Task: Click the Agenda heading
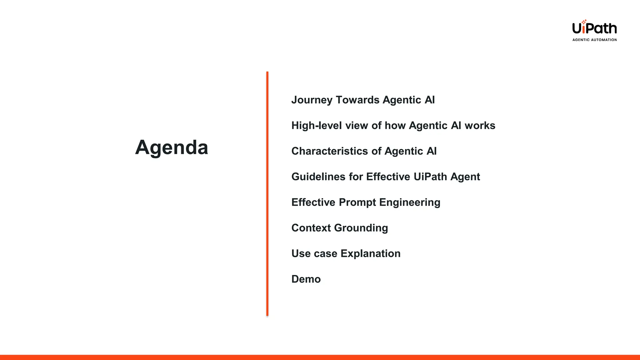[x=172, y=147]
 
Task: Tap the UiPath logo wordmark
[x=594, y=28]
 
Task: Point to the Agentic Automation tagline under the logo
[x=594, y=40]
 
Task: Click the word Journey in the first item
[x=312, y=100]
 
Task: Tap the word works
[x=480, y=126]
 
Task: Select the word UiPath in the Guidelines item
[x=430, y=177]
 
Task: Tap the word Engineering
[x=410, y=202]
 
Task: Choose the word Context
[x=311, y=228]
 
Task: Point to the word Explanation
[x=370, y=254]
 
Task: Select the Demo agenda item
[x=306, y=279]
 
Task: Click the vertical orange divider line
[x=267, y=194]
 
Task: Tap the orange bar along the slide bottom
[x=320, y=357]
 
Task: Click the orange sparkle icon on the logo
[x=584, y=22]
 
